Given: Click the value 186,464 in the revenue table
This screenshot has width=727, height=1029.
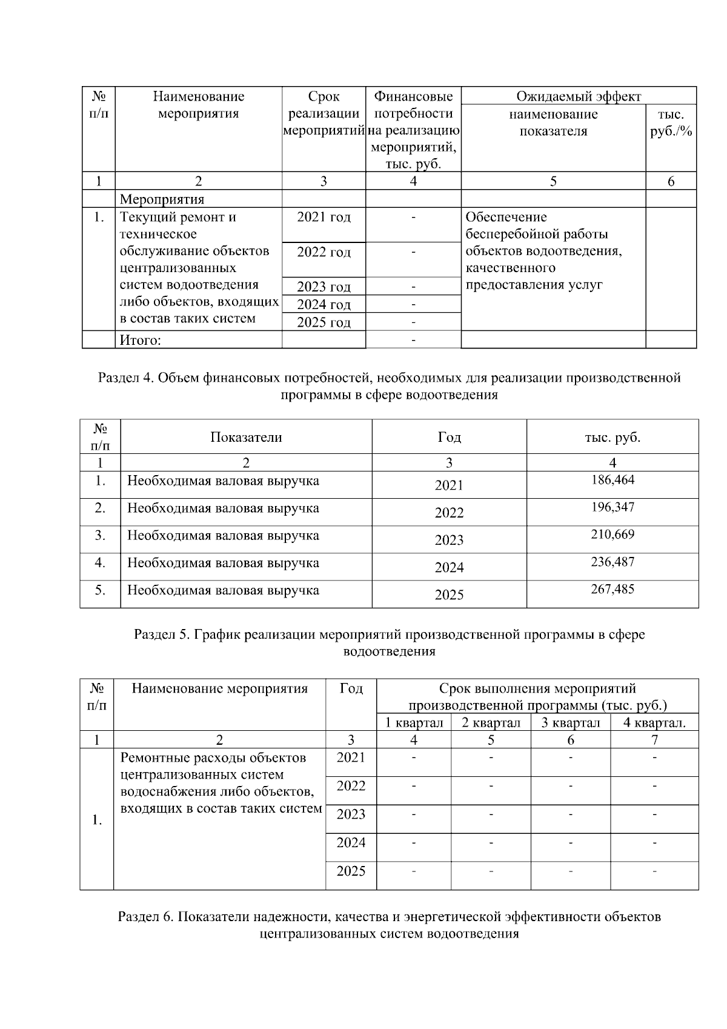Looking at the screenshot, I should [x=612, y=481].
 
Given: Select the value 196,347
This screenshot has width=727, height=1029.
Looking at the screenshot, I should [x=612, y=508].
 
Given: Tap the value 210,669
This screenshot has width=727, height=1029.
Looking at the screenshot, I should [x=612, y=535].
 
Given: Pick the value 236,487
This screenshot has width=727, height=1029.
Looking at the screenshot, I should [x=612, y=562].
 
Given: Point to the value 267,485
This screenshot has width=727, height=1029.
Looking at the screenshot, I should [x=612, y=590].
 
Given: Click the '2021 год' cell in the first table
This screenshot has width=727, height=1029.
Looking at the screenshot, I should [x=324, y=218].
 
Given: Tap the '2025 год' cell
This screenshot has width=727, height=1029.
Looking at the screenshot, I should [x=324, y=322].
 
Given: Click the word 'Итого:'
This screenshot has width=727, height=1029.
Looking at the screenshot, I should [x=141, y=341].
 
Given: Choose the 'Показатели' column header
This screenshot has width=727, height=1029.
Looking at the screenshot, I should [x=246, y=438].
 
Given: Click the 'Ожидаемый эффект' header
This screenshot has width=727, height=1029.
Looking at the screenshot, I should [x=579, y=96].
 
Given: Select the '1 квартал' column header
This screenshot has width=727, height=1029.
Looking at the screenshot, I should [x=414, y=723].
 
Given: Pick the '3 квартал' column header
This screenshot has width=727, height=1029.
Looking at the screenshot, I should [x=571, y=723].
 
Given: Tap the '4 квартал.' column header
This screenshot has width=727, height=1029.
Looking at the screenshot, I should [x=654, y=723].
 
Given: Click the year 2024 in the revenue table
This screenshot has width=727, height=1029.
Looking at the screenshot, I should [x=449, y=568].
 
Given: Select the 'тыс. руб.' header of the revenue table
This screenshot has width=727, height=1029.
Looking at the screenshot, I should [x=612, y=438].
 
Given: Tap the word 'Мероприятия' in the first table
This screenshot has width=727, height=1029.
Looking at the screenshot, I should [x=162, y=199].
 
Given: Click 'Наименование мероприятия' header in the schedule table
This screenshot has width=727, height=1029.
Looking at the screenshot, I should [x=219, y=689].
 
